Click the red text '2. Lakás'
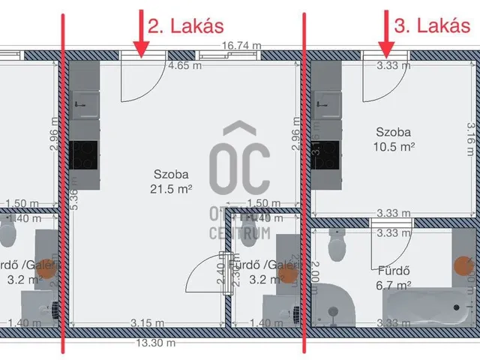185,27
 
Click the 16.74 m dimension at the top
241,46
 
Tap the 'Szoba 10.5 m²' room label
395,138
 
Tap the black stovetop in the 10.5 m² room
323,150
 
